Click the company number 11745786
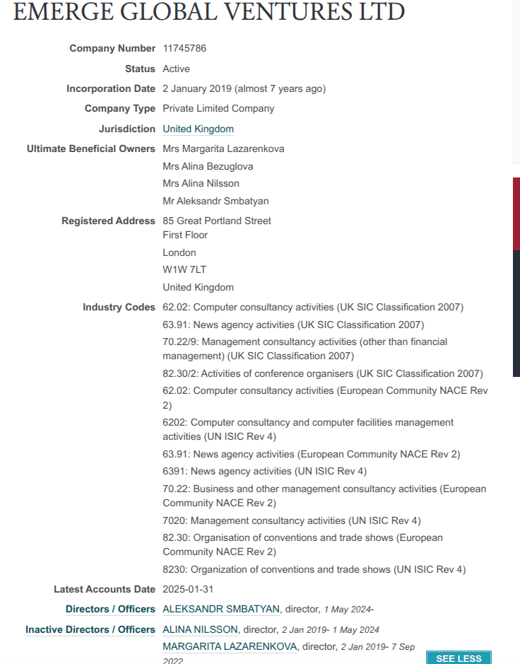[x=184, y=48]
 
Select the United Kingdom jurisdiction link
[x=198, y=129]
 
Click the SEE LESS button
[x=459, y=658]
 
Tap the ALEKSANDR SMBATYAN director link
[x=221, y=609]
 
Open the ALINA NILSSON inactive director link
[x=200, y=629]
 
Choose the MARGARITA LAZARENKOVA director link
[x=230, y=646]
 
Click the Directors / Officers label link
[x=110, y=609]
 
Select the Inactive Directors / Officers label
[x=90, y=629]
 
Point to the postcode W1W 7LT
[x=184, y=269]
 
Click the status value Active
[x=176, y=69]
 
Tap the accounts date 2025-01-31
[x=189, y=589]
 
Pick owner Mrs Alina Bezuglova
[x=208, y=166]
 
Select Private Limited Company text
[x=218, y=108]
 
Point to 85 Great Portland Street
[x=217, y=221]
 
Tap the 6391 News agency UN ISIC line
[x=264, y=471]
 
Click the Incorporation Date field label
[x=111, y=88]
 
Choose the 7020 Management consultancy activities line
[x=291, y=520]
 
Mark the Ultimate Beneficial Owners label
[x=91, y=148]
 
